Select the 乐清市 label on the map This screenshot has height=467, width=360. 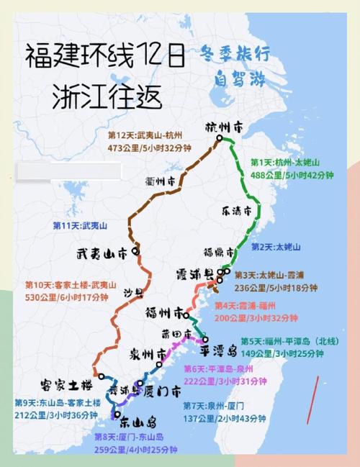click(x=237, y=212)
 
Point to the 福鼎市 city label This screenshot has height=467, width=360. click(x=219, y=253)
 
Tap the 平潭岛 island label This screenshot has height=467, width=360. click(x=218, y=350)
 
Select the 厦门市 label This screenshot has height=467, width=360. click(x=161, y=391)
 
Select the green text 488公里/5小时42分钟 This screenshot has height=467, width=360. click(x=292, y=174)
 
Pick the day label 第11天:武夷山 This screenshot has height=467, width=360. click(x=80, y=225)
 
